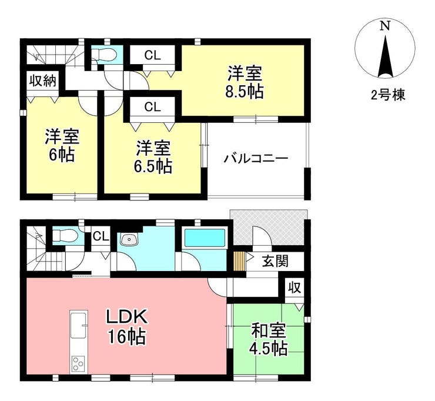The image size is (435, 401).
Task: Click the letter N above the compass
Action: [x=384, y=26]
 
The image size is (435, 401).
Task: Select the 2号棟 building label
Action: [x=386, y=95]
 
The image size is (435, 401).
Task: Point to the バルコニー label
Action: [x=255, y=159]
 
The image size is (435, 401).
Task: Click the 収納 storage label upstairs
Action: [x=43, y=81]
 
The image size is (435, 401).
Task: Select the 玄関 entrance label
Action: [x=275, y=260]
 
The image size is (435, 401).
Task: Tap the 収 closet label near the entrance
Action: [x=295, y=288]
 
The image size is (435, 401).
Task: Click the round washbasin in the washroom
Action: [x=128, y=239]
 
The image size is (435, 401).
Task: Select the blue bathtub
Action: [x=205, y=238]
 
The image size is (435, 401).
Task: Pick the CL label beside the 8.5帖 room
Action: [x=153, y=56]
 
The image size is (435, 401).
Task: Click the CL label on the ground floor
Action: [x=101, y=236]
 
